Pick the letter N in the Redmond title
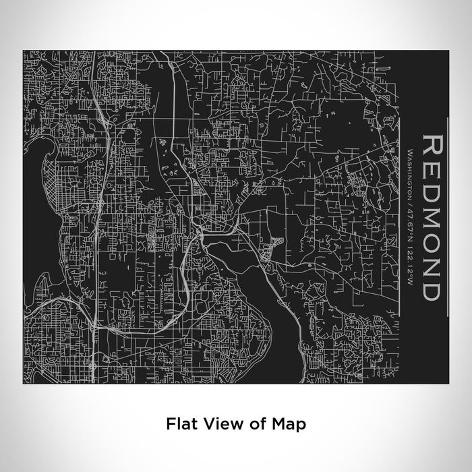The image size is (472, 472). tap(432, 268)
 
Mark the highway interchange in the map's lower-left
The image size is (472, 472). tap(96, 327)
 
